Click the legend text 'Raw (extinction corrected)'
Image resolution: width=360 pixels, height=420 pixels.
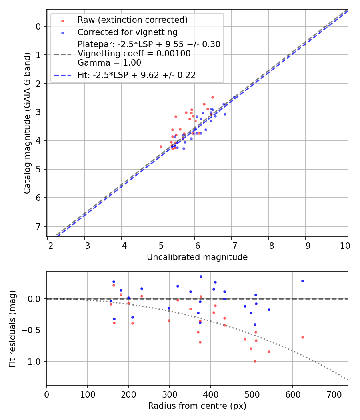click(132, 20)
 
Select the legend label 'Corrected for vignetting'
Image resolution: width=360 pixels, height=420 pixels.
click(127, 32)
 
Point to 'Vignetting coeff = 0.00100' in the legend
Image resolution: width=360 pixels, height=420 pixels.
click(134, 54)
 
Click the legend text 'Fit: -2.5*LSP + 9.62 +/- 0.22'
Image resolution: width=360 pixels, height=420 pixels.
click(136, 75)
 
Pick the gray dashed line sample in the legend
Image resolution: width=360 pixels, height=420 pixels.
click(62, 54)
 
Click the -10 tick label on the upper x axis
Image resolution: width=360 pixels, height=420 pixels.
click(342, 245)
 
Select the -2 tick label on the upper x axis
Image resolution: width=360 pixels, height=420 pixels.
click(48, 245)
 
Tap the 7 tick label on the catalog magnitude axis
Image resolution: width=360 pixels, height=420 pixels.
click(38, 226)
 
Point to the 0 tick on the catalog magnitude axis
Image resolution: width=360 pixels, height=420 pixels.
click(38, 26)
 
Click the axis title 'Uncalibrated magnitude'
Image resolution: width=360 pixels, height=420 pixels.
click(197, 257)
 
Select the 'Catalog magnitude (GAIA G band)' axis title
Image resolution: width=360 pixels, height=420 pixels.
click(27, 123)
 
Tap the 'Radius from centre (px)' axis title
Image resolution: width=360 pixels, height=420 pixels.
click(197, 406)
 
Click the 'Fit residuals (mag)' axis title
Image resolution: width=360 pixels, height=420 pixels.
click(13, 328)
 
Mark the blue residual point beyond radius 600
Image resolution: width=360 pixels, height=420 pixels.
click(302, 281)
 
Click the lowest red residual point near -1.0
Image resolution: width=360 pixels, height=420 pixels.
click(255, 361)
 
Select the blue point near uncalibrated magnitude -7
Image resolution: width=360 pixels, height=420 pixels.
click(234, 97)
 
